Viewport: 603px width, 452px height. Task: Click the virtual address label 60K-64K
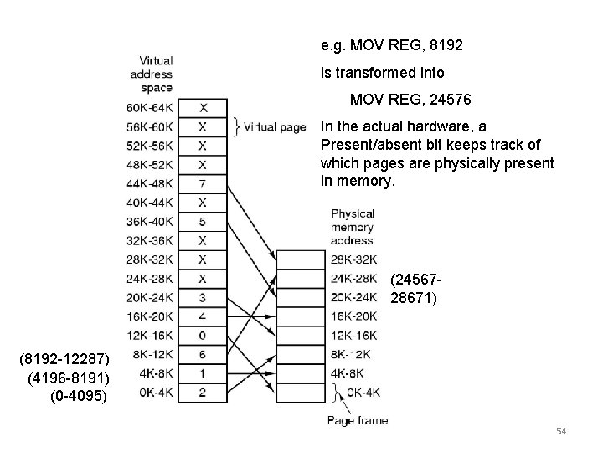(149, 108)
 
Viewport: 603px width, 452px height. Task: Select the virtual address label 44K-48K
(149, 183)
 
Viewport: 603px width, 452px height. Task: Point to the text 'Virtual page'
(274, 127)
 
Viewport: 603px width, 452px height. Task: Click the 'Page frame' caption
(358, 420)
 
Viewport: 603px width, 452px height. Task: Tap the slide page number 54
(561, 431)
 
